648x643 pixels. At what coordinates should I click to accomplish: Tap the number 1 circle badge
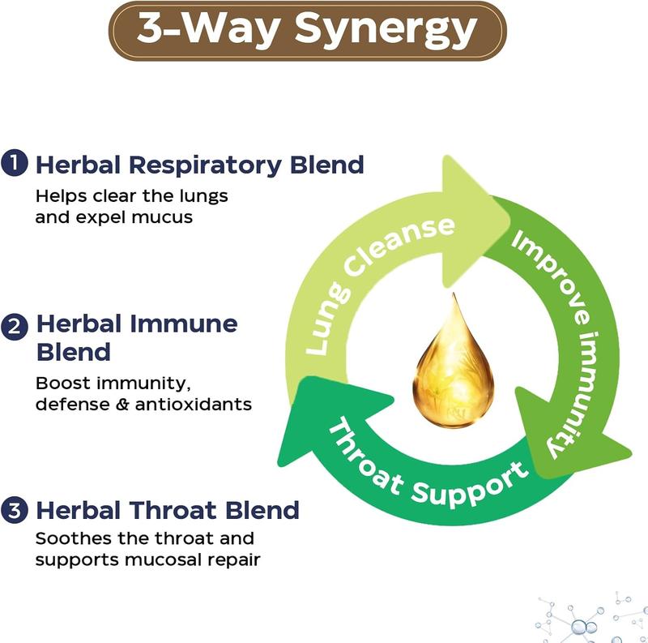(13, 163)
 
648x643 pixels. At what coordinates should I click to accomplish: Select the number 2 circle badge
(13, 328)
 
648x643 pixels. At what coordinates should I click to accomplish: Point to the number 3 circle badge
(13, 511)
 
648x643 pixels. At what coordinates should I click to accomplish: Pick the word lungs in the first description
(206, 196)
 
